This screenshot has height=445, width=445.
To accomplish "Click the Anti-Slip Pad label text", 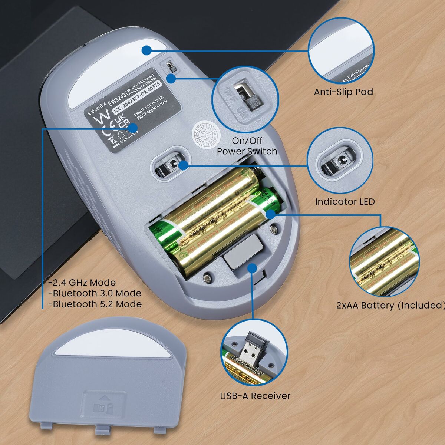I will (343, 92).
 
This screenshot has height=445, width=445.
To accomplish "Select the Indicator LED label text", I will (345, 201).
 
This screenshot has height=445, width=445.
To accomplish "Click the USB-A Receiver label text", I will (255, 396).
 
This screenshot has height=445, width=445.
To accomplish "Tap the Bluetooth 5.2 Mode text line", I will (95, 304).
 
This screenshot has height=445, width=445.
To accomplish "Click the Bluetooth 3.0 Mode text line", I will (95, 293).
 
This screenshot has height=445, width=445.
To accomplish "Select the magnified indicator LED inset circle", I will (340, 162).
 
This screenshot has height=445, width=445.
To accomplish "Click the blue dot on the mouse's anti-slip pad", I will (146, 50).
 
